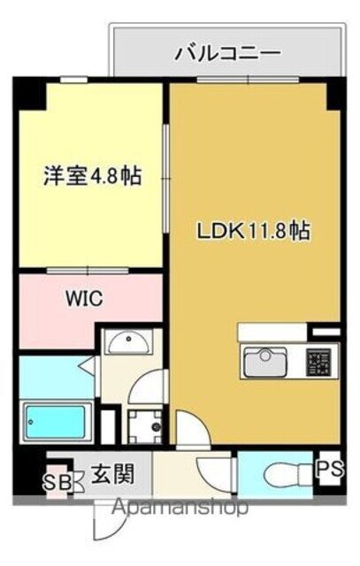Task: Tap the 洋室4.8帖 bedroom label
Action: coord(92,176)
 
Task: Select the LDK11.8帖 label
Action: coord(252,232)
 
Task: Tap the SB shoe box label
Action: coord(57,484)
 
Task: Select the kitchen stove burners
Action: coord(318,362)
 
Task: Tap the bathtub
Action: coord(57,422)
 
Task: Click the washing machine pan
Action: coord(143,427)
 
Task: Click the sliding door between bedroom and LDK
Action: coord(165,177)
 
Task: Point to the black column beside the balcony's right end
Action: coord(334,94)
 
